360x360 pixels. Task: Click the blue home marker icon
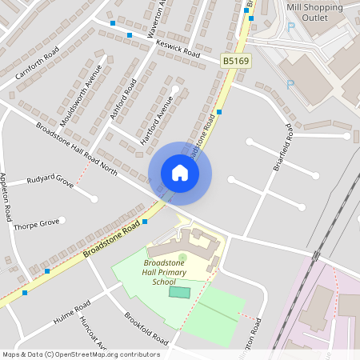tap(180, 173)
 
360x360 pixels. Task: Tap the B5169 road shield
tap(235, 60)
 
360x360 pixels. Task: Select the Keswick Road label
tap(178, 48)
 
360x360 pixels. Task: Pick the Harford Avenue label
tap(157, 119)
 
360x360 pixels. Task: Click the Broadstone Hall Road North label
tap(76, 149)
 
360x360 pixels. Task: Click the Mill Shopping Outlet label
tap(314, 11)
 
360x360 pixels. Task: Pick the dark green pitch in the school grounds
tap(180, 292)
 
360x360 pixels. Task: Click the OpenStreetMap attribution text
tap(81, 354)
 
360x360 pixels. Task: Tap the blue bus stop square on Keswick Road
tap(129, 35)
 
